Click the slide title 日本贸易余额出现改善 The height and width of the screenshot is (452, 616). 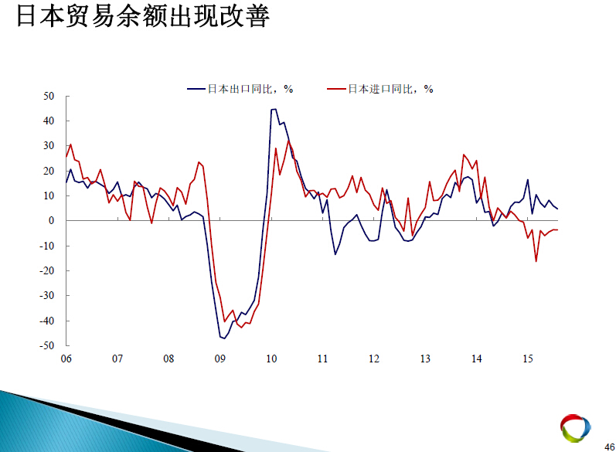click(x=143, y=16)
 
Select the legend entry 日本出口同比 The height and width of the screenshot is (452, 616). click(x=240, y=89)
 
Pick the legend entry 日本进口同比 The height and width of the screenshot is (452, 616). click(x=380, y=89)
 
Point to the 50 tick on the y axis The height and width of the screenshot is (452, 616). click(x=49, y=97)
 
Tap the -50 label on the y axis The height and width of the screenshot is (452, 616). click(x=46, y=345)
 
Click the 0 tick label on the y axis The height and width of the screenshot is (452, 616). click(x=52, y=221)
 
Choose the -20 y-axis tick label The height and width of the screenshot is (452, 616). click(x=46, y=270)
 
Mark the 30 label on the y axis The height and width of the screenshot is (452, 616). click(x=49, y=146)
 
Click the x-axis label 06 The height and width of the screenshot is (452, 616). click(x=66, y=359)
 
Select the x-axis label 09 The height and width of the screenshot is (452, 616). click(x=220, y=359)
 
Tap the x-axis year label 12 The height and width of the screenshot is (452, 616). click(x=374, y=359)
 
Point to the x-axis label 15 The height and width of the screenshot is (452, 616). click(x=528, y=359)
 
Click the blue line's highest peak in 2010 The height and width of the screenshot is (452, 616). click(x=275, y=109)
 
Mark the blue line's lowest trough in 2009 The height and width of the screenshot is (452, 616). click(x=224, y=338)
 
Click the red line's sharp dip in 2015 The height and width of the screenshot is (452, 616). click(x=536, y=261)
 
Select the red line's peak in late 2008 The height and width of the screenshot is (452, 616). click(x=199, y=162)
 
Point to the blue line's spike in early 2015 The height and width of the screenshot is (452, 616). click(x=528, y=180)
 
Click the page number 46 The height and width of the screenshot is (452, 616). click(x=610, y=447)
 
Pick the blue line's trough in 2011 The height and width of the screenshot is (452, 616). click(x=335, y=254)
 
